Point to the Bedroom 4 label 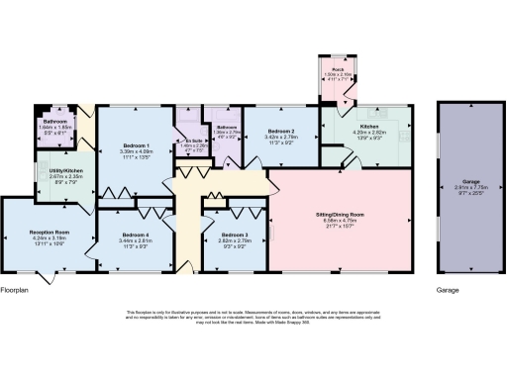pos(124,234)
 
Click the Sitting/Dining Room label pos(340,214)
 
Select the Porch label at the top pos(338,69)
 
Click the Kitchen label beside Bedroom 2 pos(369,127)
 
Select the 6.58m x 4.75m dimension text pos(340,220)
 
